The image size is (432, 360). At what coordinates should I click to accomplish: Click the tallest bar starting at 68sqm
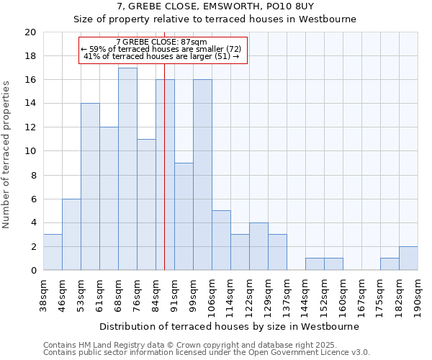click(x=127, y=169)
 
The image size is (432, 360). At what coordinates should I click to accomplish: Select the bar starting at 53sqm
click(x=90, y=186)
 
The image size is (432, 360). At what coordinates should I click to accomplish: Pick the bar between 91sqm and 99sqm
click(x=184, y=216)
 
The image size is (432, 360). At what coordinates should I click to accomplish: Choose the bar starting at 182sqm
click(x=408, y=258)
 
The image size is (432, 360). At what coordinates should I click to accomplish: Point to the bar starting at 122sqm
click(x=258, y=246)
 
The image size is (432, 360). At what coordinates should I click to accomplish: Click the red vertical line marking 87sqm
click(x=164, y=180)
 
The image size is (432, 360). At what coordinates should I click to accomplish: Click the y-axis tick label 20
click(x=30, y=32)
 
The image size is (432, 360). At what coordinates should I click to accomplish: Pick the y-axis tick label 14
click(x=30, y=104)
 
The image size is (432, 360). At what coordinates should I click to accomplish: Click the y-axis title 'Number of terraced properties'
click(x=7, y=154)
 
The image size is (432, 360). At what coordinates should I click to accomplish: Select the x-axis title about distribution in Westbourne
click(x=229, y=326)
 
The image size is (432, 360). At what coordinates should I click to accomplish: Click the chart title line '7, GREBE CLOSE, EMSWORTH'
click(x=216, y=6)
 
